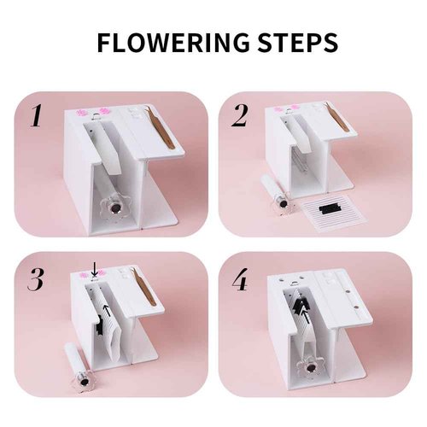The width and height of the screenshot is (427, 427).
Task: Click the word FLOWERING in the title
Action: pos(170,44)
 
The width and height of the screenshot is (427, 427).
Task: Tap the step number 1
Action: pos(37,116)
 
